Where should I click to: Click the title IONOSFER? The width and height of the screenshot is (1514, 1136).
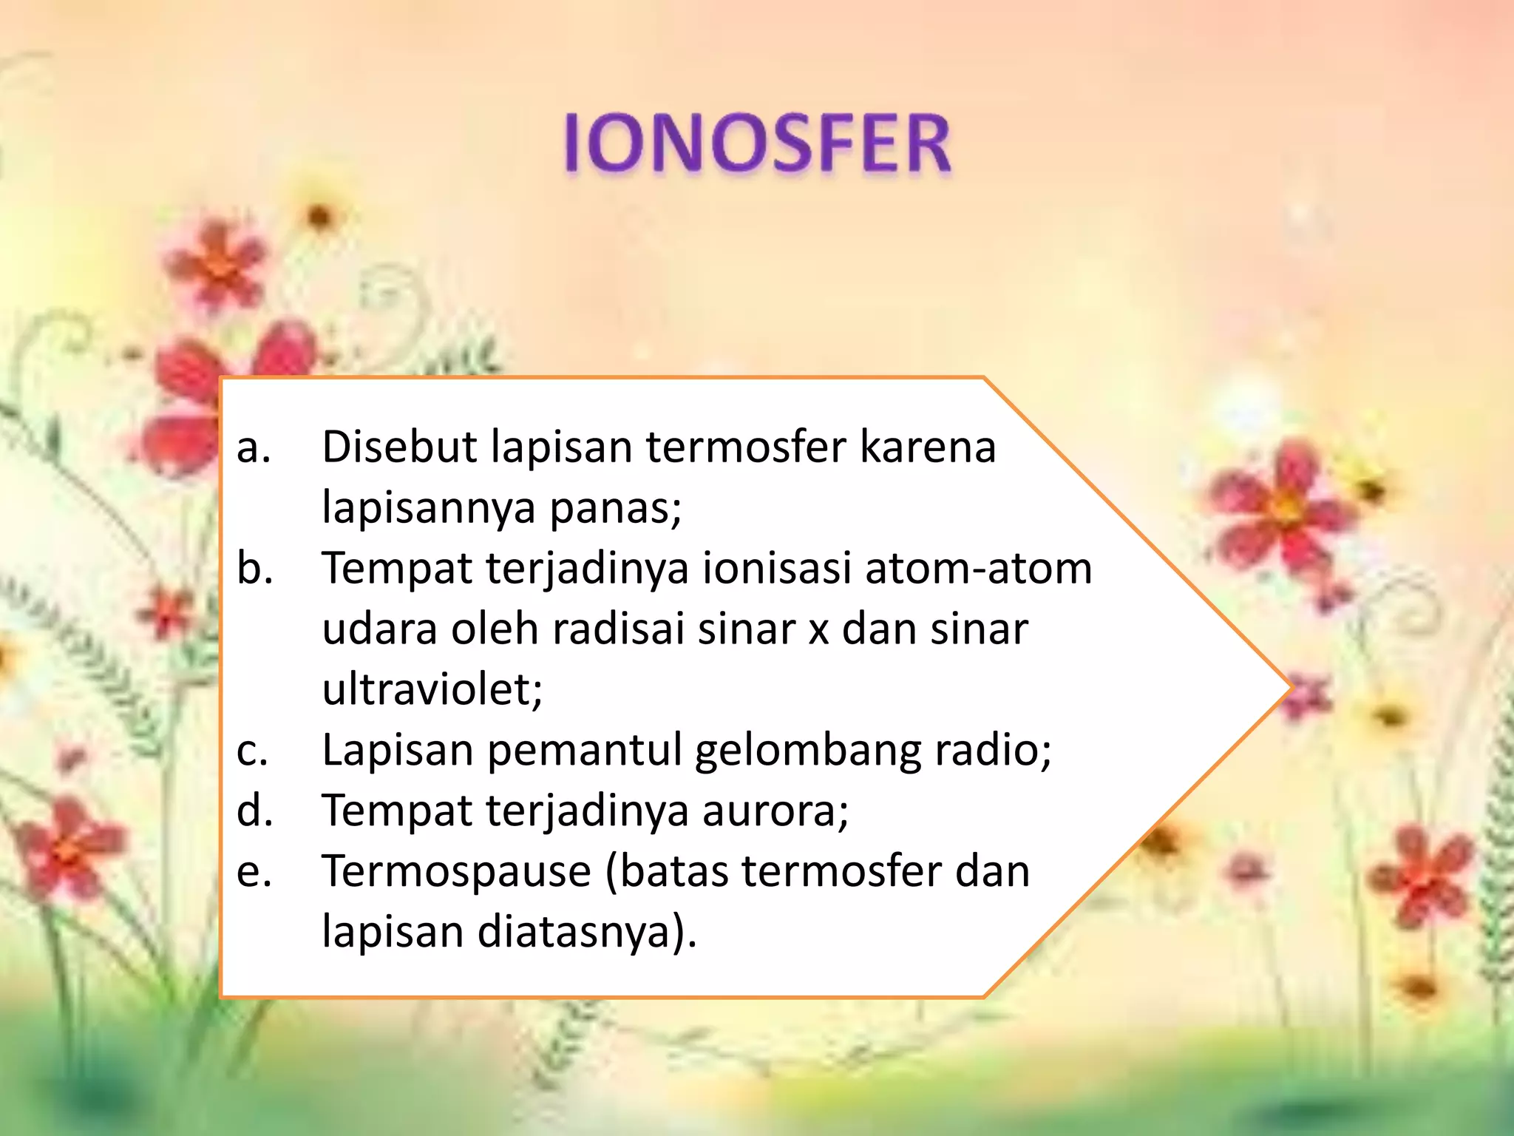(x=757, y=144)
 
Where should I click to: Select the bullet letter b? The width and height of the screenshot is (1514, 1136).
(x=254, y=568)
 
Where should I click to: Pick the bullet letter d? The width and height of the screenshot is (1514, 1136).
(x=254, y=811)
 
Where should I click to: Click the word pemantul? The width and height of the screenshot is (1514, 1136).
(x=584, y=751)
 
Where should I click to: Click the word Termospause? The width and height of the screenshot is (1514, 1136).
(x=457, y=872)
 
